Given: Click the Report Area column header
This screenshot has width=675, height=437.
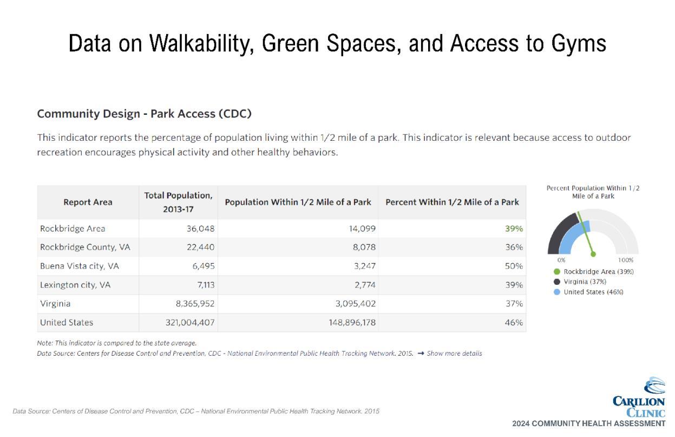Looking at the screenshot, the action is coord(88,202).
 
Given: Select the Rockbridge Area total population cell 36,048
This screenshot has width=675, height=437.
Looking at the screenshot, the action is coord(200,229).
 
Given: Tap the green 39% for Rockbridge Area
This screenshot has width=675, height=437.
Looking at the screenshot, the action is coord(514,229).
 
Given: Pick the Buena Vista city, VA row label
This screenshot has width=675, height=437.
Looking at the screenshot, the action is coord(80,266).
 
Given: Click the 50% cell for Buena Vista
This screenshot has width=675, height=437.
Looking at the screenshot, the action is coord(514,266).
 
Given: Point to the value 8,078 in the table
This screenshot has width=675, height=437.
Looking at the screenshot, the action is coord(364,247).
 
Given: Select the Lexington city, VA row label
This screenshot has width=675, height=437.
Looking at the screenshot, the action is coord(75,285).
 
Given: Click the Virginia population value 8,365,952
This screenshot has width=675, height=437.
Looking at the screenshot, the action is coord(195,303).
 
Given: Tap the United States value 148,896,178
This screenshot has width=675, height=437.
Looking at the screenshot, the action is coord(352,323).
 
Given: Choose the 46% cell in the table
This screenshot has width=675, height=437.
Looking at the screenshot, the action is coord(514,323).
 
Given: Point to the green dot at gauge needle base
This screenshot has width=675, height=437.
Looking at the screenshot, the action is coord(593,255).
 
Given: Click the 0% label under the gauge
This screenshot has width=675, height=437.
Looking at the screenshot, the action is coord(561,260).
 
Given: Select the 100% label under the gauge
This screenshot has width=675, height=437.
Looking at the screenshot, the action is coord(626,260).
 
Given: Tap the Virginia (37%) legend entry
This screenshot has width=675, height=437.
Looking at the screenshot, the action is coord(580,282).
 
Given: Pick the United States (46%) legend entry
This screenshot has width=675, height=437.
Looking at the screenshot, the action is coord(588,292).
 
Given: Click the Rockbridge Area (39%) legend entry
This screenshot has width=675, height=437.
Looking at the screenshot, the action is coord(594,271).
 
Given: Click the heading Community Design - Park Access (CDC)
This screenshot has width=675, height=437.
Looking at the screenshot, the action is coord(144,114).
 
